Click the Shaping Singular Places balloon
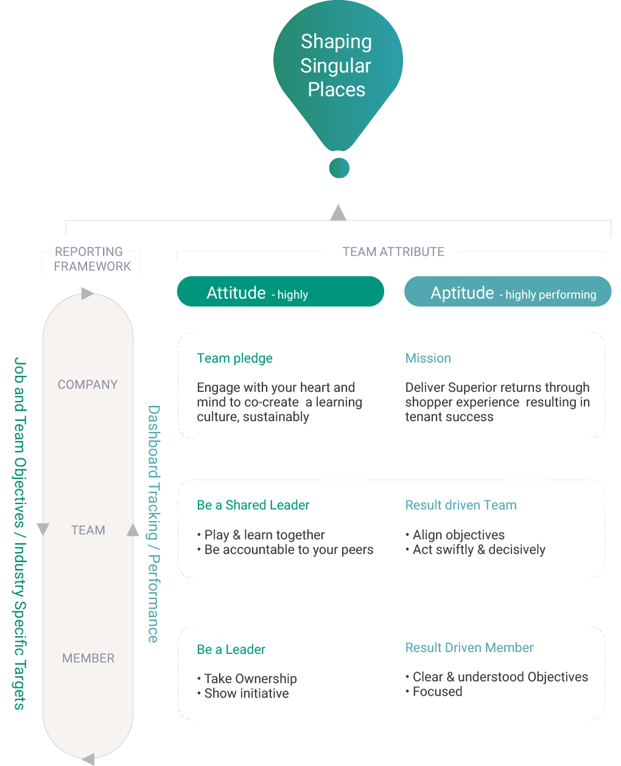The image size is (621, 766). pyautogui.click(x=337, y=67)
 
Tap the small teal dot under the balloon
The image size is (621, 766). pyautogui.click(x=339, y=168)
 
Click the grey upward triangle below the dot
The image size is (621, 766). pyautogui.click(x=339, y=213)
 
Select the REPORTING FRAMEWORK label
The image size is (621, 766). pyautogui.click(x=91, y=259)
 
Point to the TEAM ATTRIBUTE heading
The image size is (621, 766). pyautogui.click(x=393, y=252)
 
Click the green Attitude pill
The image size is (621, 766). pyautogui.click(x=280, y=292)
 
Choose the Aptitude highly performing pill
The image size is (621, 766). pyautogui.click(x=508, y=292)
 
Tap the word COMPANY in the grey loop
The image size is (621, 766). pyautogui.click(x=88, y=385)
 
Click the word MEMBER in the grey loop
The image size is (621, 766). pyautogui.click(x=88, y=658)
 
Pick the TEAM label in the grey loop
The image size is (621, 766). pyautogui.click(x=88, y=530)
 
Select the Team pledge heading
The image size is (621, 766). pyautogui.click(x=234, y=358)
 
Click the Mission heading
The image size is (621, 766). pyautogui.click(x=428, y=358)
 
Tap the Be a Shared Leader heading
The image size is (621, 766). pyautogui.click(x=253, y=505)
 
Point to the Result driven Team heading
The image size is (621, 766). pyautogui.click(x=461, y=505)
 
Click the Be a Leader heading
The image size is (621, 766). pyautogui.click(x=231, y=650)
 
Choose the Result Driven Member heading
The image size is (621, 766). pyautogui.click(x=469, y=648)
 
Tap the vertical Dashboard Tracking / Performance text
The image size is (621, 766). pyautogui.click(x=153, y=524)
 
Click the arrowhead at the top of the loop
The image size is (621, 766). pyautogui.click(x=87, y=294)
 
